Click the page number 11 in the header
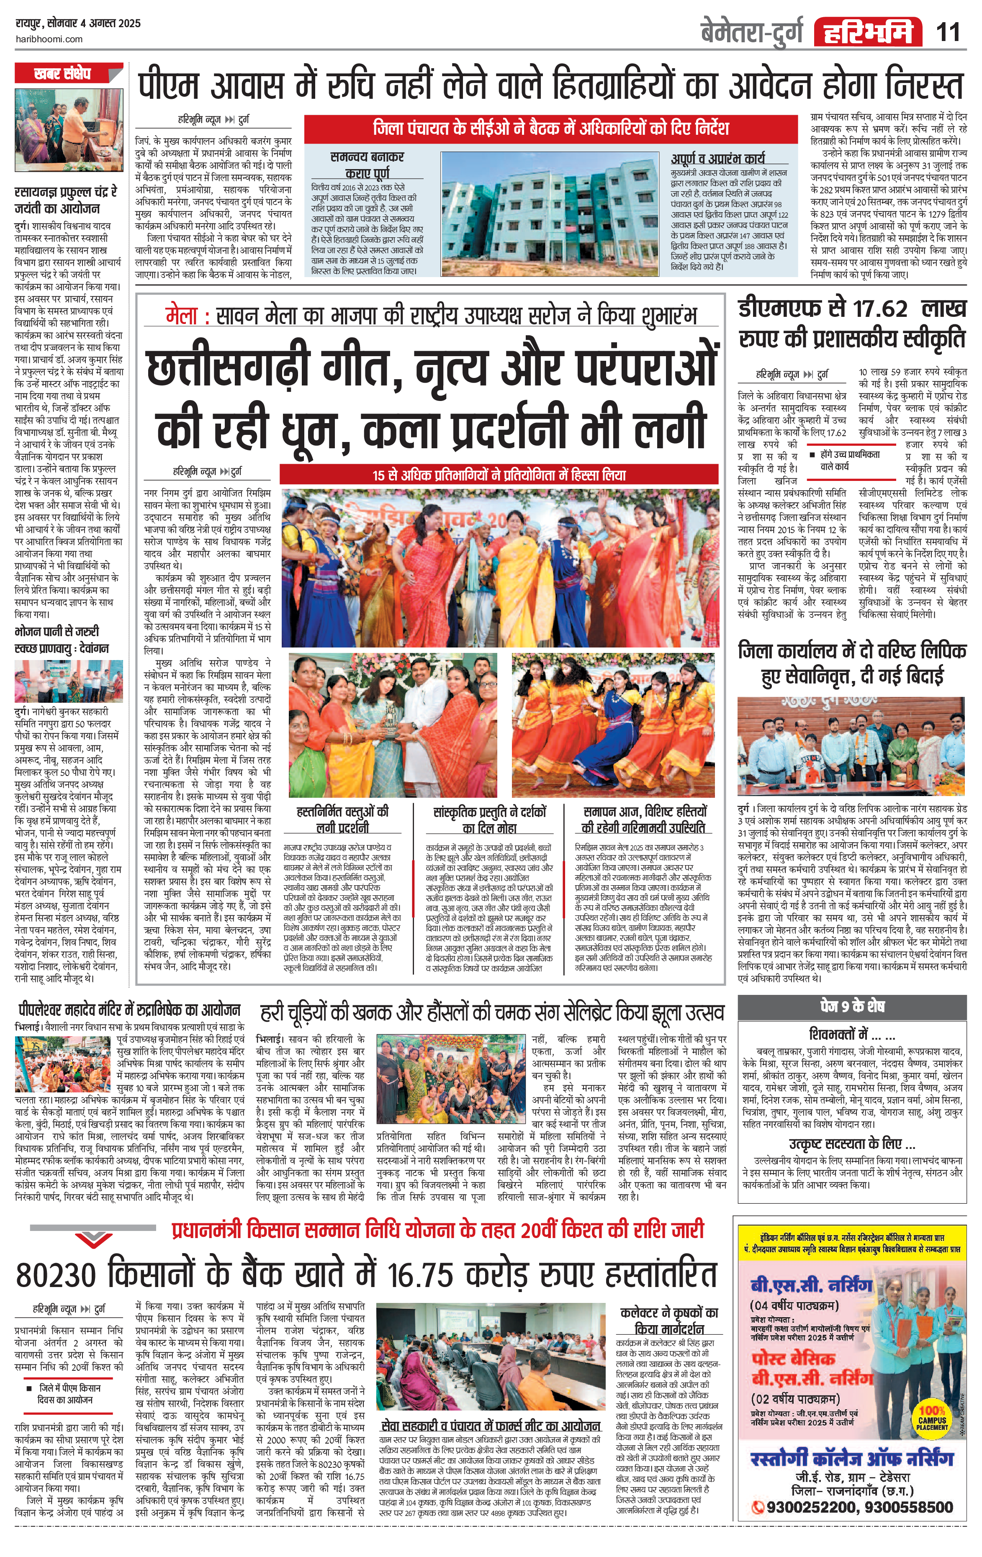click(947, 32)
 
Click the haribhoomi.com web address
click(49, 39)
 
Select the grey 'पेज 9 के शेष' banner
click(852, 1006)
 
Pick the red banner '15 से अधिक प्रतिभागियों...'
click(499, 475)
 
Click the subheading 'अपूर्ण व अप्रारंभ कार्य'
click(717, 158)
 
